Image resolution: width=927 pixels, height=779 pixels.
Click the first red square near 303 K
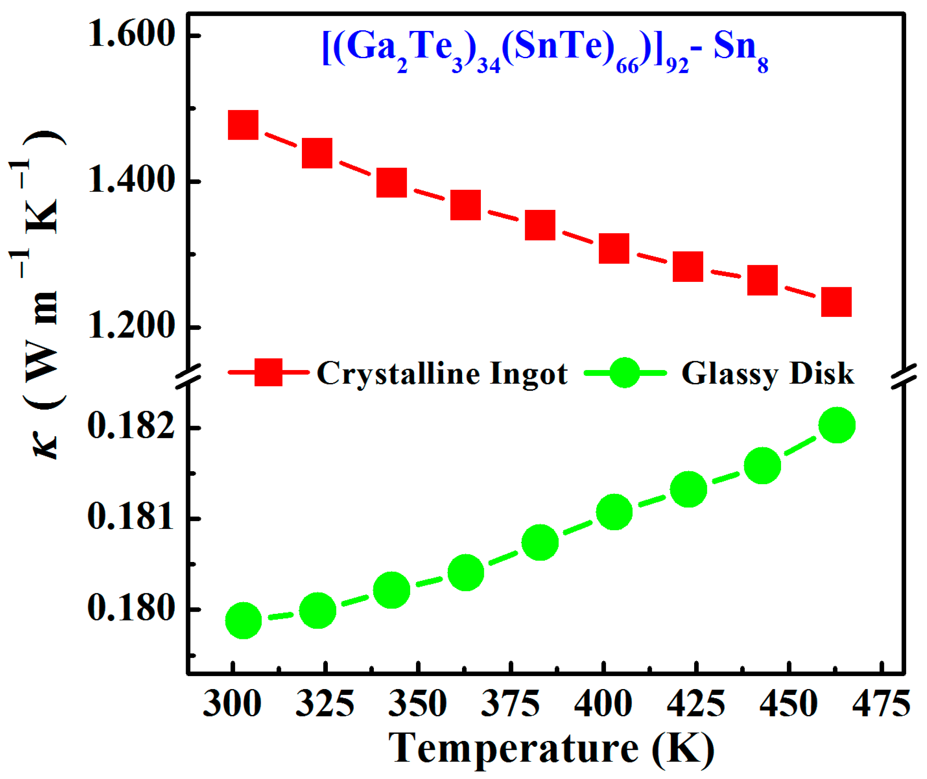243,125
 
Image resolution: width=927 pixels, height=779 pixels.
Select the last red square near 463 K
836,302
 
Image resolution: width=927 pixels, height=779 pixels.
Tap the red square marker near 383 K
540,225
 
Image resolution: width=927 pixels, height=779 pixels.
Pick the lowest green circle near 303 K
243,621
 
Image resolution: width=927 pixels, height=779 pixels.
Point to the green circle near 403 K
614,512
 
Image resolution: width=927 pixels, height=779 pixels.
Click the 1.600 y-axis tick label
131,34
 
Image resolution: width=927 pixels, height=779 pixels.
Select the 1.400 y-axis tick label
131,181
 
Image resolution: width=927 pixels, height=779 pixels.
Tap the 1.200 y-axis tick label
131,327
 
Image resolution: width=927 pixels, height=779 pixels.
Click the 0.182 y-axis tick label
131,427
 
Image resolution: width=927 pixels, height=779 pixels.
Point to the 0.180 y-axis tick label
131,609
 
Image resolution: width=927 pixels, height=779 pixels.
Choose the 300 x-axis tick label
232,704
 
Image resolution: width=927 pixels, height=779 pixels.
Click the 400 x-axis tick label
603,704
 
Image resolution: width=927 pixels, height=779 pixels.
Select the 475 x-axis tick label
881,704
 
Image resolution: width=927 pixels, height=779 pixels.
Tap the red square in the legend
268,372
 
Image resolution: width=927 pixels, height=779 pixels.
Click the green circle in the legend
624,372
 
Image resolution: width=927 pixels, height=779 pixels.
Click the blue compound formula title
545,49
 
